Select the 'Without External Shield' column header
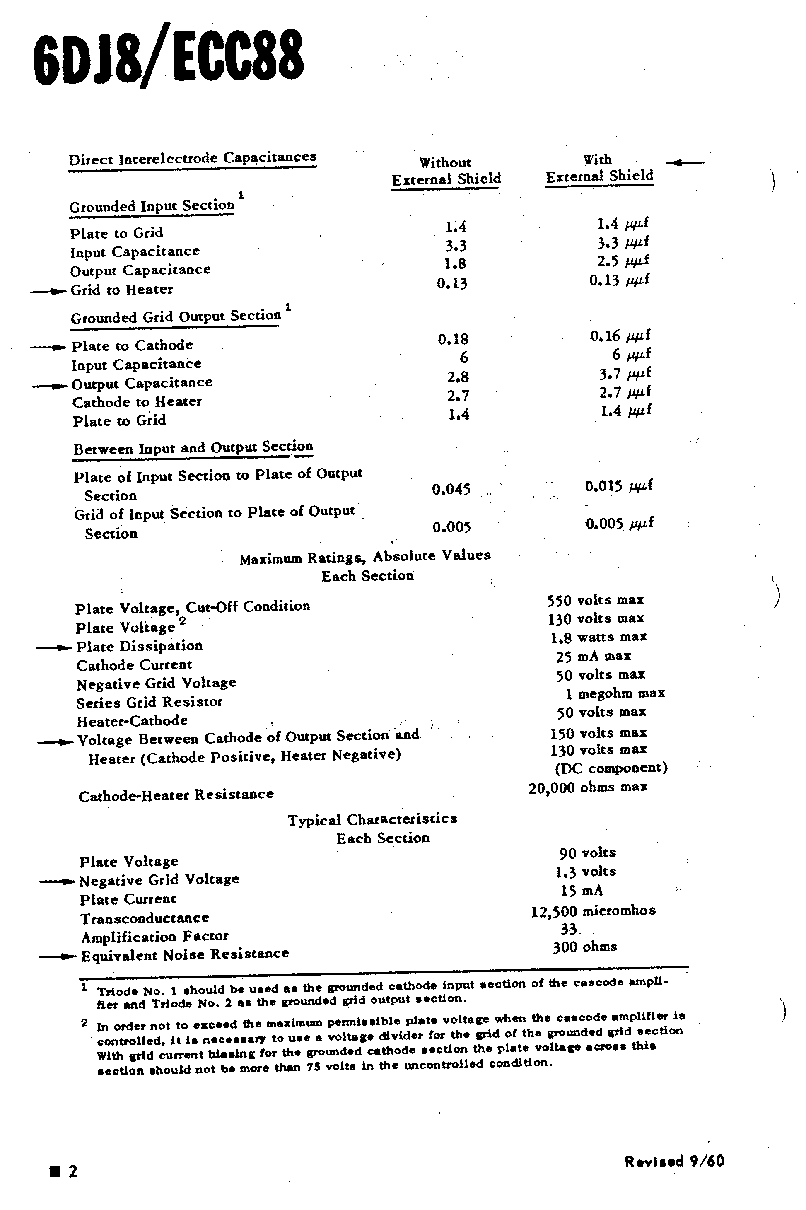tap(445, 171)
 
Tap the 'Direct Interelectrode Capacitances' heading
tap(193, 158)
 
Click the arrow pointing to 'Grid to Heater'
tap(48, 292)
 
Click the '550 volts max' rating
tap(595, 600)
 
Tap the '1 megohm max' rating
tap(615, 694)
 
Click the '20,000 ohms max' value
tap(588, 787)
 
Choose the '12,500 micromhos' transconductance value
tap(593, 911)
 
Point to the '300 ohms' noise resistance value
tap(585, 947)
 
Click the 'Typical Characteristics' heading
tap(372, 819)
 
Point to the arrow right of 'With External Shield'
tap(685, 163)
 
